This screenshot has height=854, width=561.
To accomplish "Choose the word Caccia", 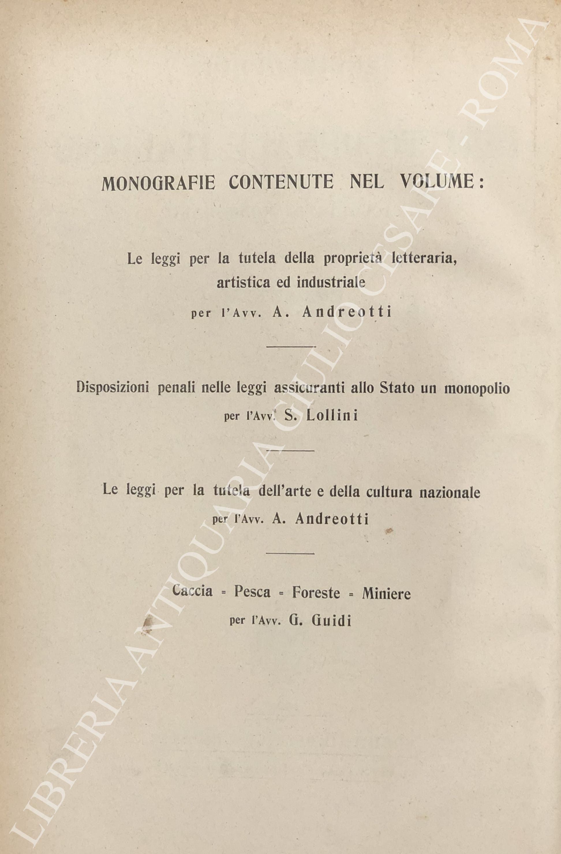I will point(192,590).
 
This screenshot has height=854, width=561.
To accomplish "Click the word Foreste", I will point(315,592).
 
